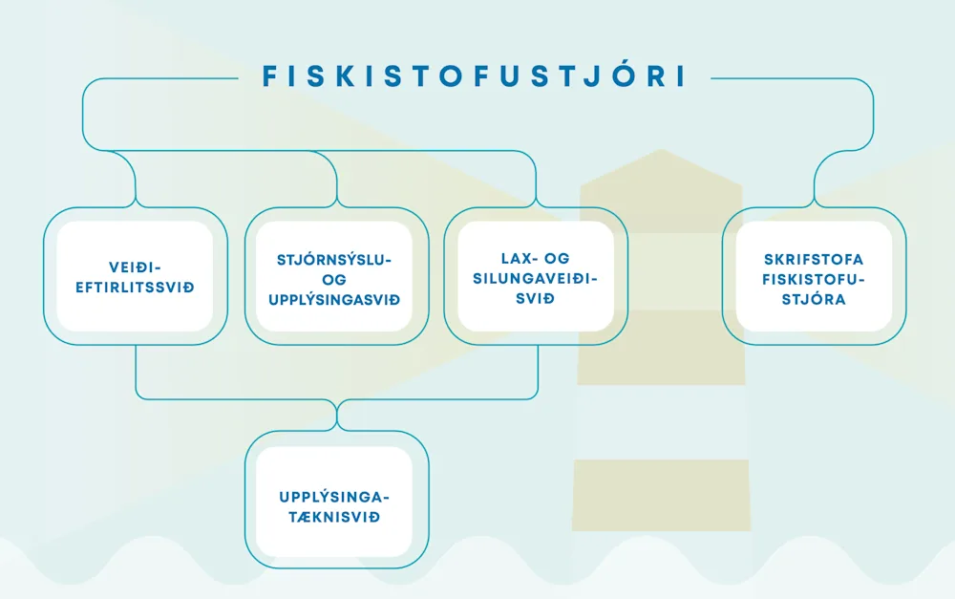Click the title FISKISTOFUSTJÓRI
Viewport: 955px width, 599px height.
[x=475, y=76]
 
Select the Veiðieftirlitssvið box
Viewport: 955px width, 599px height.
[x=135, y=275]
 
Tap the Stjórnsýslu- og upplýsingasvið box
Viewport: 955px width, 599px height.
[x=335, y=275]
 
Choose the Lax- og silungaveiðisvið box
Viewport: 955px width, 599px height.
[x=535, y=275]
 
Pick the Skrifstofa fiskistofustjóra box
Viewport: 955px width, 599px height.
[x=814, y=275]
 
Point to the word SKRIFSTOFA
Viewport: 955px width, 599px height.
[x=814, y=259]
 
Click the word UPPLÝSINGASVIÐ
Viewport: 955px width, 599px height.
[x=335, y=300]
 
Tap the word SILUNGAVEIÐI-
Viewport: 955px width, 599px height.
[x=535, y=279]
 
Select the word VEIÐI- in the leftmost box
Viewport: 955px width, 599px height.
[x=135, y=267]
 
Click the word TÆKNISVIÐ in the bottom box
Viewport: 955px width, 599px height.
[x=335, y=517]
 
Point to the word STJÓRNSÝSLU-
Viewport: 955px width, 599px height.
[x=335, y=259]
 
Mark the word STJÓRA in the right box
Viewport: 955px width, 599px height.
[x=814, y=299]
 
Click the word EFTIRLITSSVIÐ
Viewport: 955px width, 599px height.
[x=135, y=287]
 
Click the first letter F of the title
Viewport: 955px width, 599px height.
[x=268, y=76]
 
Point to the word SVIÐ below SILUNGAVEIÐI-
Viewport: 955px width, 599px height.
[x=535, y=299]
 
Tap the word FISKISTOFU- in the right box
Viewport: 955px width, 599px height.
[x=814, y=279]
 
